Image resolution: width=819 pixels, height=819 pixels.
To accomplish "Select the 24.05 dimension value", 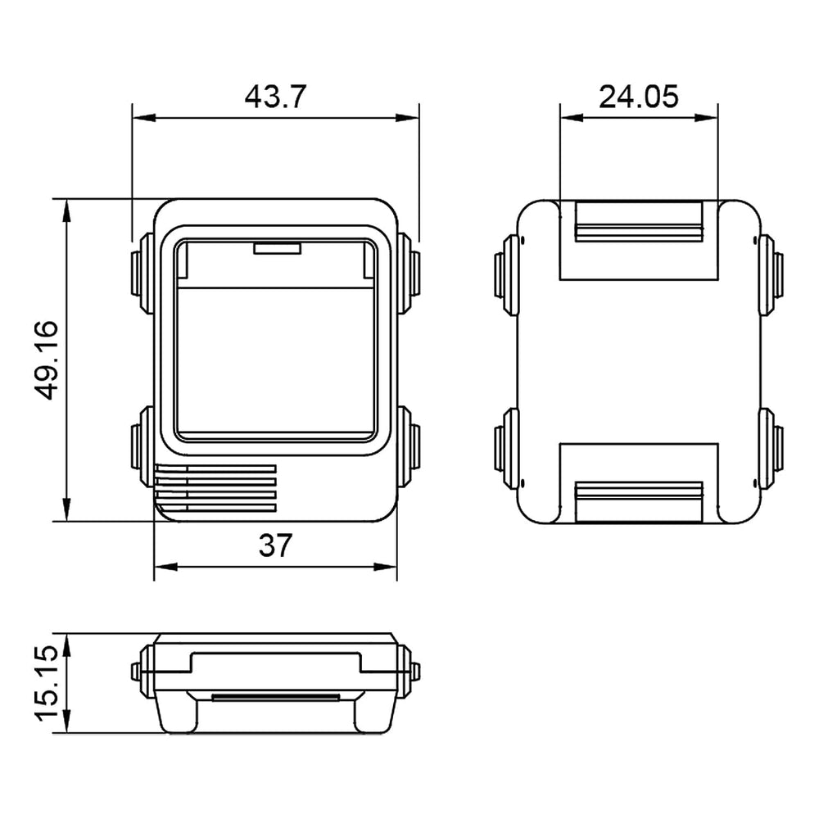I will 639,97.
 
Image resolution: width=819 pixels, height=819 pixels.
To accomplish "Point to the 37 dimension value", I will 275,545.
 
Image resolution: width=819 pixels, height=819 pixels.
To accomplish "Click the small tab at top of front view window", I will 278,247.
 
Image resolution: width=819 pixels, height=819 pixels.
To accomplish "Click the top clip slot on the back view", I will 639,222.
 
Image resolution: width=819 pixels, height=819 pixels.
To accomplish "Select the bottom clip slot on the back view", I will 639,501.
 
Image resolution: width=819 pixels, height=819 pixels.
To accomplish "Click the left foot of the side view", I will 181,714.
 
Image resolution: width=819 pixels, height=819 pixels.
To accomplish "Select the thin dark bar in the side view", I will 275,698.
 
